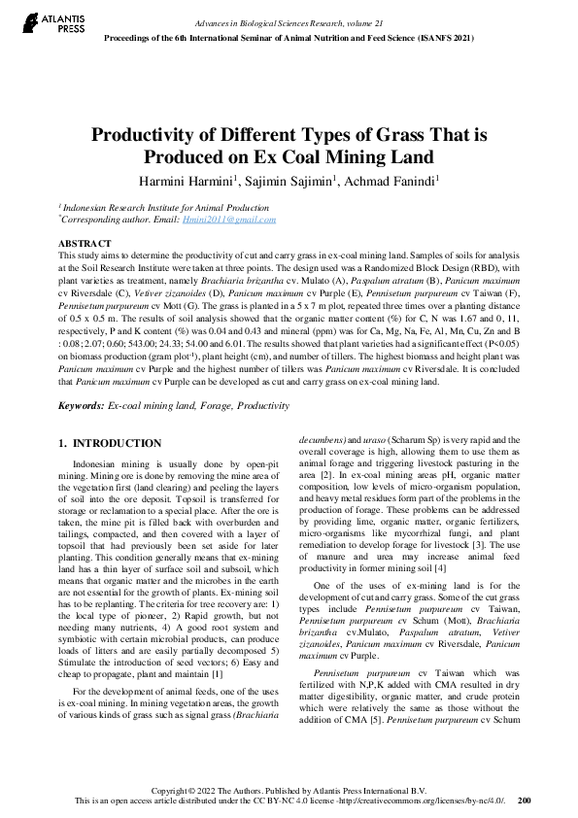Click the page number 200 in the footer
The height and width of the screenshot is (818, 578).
525,801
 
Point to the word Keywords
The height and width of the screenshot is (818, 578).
81,404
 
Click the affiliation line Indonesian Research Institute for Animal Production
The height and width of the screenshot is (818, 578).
165,208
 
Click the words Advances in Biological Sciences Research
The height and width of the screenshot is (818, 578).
253,21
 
